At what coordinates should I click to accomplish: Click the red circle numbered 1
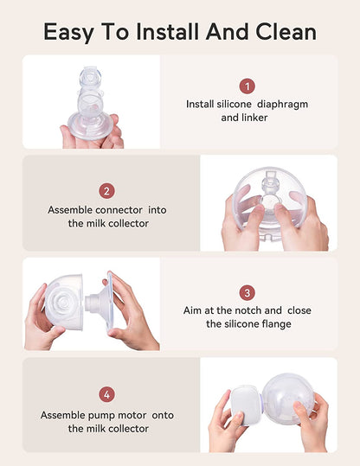click(x=247, y=86)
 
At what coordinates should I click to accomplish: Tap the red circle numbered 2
click(x=106, y=191)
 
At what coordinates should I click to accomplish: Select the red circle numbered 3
click(x=247, y=293)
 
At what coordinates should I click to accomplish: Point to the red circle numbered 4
click(x=106, y=394)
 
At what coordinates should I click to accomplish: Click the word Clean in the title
click(x=286, y=31)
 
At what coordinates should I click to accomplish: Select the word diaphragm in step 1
click(x=282, y=105)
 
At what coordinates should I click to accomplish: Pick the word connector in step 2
click(x=119, y=210)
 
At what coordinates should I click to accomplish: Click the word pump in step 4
click(x=100, y=416)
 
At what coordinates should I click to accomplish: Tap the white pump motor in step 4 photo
click(x=246, y=405)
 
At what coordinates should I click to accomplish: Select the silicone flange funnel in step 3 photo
click(x=101, y=303)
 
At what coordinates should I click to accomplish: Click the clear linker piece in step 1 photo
click(x=90, y=104)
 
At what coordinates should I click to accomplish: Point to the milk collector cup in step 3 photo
click(x=64, y=303)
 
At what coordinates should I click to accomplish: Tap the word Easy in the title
click(x=69, y=32)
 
